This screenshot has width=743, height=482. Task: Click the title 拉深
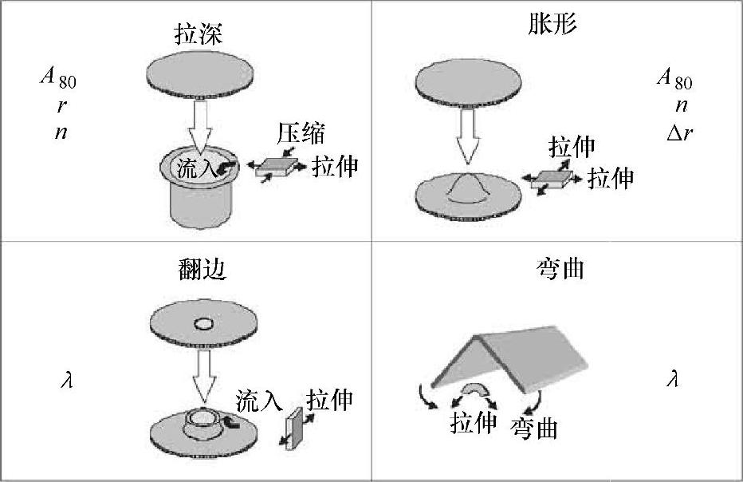(199, 34)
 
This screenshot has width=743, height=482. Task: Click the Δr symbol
(679, 132)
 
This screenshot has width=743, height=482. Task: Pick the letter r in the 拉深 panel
(61, 106)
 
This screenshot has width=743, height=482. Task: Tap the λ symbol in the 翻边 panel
(67, 380)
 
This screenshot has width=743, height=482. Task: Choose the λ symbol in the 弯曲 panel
(672, 380)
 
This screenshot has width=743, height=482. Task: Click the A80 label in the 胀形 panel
(674, 78)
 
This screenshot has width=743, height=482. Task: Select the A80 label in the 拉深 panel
(59, 78)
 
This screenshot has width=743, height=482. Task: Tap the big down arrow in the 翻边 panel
(203, 376)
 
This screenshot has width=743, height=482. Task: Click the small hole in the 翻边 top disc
(203, 325)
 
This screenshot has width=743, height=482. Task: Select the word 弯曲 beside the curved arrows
(533, 428)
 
